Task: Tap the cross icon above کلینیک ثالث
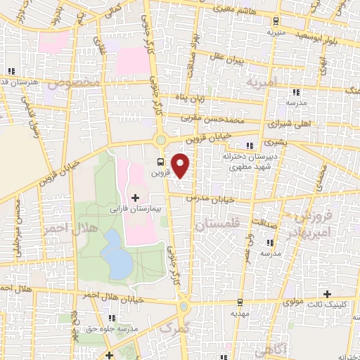[x=327, y=293]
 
